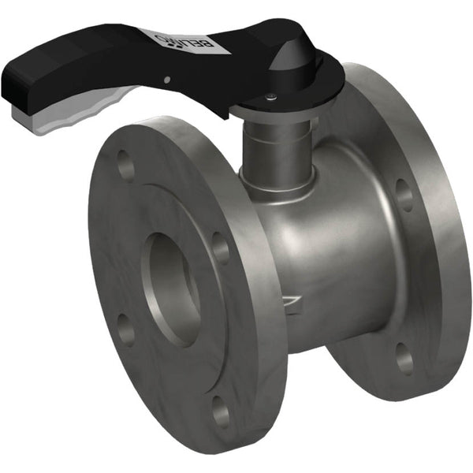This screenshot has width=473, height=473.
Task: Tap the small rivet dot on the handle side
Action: [166, 78]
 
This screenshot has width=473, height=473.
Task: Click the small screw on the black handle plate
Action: [270, 97]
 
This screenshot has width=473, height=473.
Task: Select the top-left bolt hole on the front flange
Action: [125, 166]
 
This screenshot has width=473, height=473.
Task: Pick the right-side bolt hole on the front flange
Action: [222, 248]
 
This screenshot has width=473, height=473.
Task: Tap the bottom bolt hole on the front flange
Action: [222, 412]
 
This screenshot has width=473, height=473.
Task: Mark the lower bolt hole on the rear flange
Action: [404, 359]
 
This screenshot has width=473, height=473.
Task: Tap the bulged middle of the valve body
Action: [331, 252]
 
